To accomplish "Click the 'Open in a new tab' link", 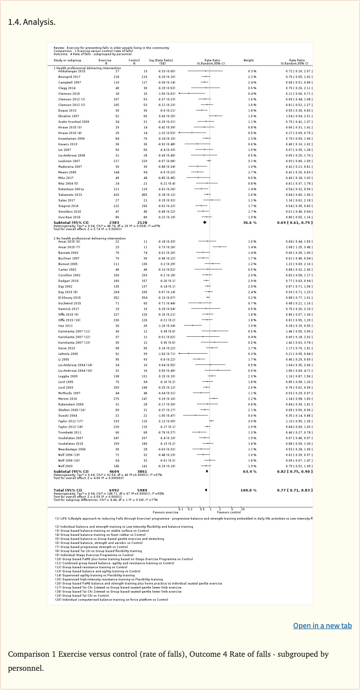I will (322, 626).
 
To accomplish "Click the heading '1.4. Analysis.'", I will (32, 22).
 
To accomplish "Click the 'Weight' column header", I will (248, 60).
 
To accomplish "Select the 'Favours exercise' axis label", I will (166, 512).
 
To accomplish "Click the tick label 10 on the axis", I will (242, 509).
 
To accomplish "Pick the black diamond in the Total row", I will (206, 490).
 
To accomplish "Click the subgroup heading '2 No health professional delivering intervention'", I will (87, 238).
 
